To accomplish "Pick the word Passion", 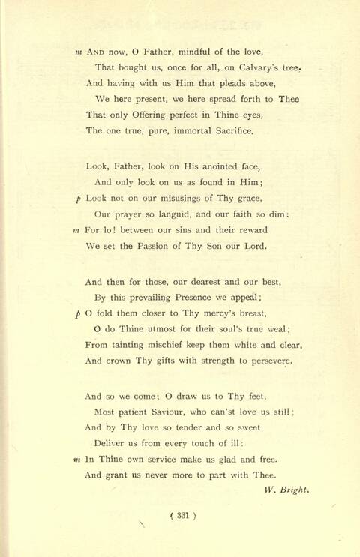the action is click(150, 246).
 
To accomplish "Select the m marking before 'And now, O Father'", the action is click(79, 52).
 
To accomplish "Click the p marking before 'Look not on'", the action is click(79, 199).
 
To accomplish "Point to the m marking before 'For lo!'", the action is click(76, 230).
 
